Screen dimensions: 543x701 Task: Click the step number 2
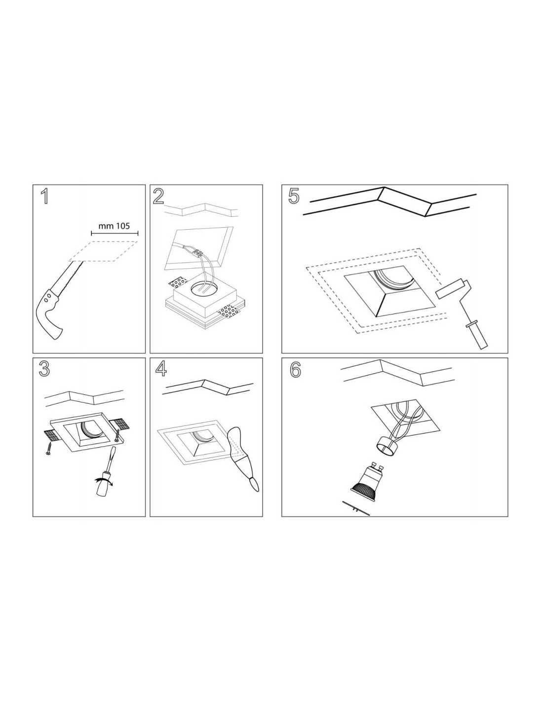pos(158,197)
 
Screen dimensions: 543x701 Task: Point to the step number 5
pos(293,197)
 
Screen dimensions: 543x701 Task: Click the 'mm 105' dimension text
pos(114,225)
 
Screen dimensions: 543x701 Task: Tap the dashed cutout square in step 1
pos(103,250)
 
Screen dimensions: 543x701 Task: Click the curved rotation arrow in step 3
pos(103,483)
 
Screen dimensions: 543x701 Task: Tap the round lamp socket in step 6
pos(388,446)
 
